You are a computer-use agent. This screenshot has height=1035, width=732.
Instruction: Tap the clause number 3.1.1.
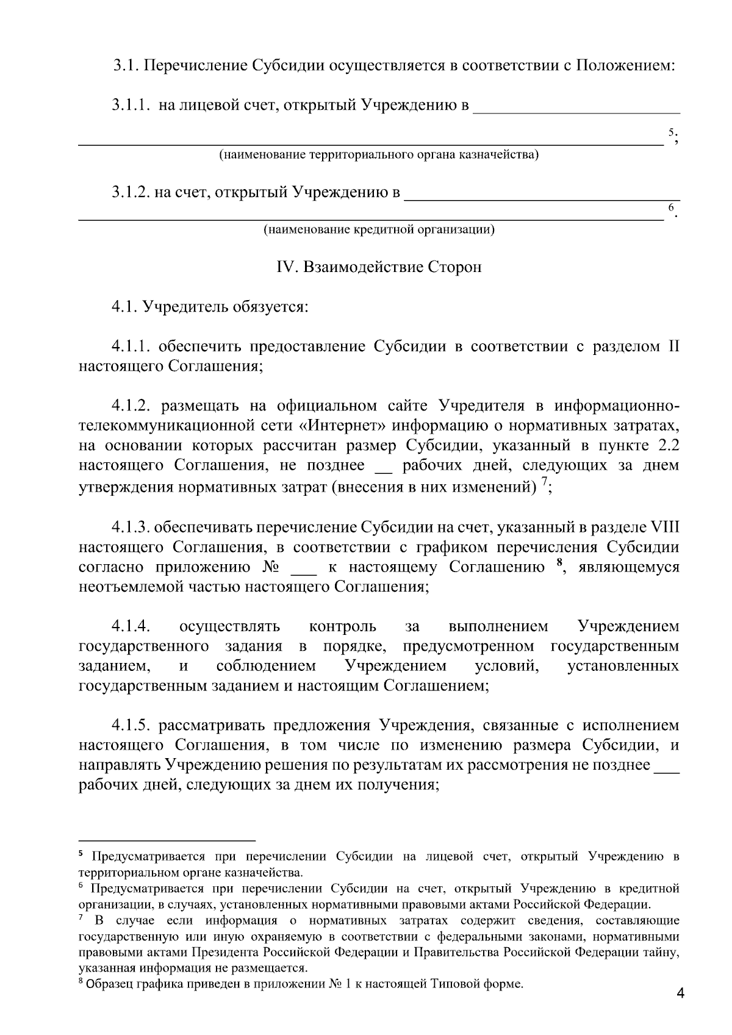point(130,106)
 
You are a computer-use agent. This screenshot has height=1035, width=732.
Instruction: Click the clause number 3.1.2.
point(131,193)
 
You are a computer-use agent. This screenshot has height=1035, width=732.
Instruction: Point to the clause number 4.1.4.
point(130,626)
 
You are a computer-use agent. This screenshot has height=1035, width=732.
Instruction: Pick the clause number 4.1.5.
point(130,725)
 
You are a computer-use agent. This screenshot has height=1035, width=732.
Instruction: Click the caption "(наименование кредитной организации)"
point(379,230)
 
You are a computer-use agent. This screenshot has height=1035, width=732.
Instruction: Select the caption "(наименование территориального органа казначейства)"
point(379,154)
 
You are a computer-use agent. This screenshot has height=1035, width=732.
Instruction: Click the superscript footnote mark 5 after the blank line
point(671,132)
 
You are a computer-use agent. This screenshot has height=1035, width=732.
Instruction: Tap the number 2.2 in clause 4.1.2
point(666,445)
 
